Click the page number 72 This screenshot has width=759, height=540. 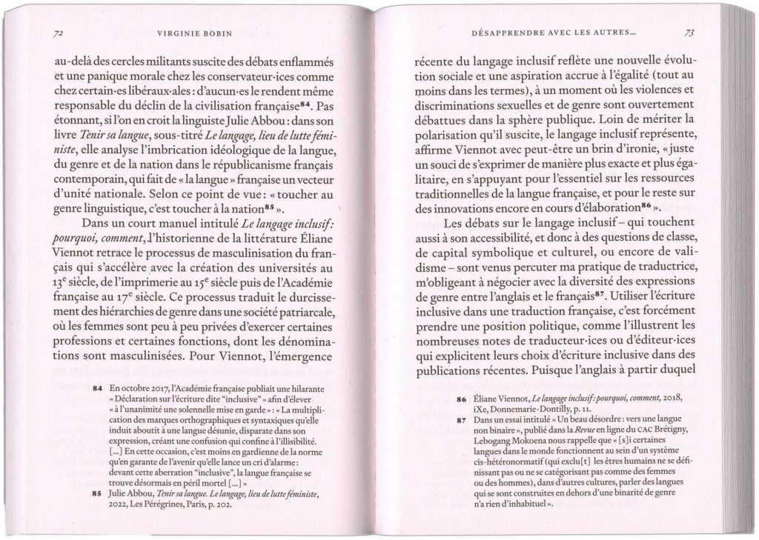click(57, 33)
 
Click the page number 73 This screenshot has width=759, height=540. click(689, 33)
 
